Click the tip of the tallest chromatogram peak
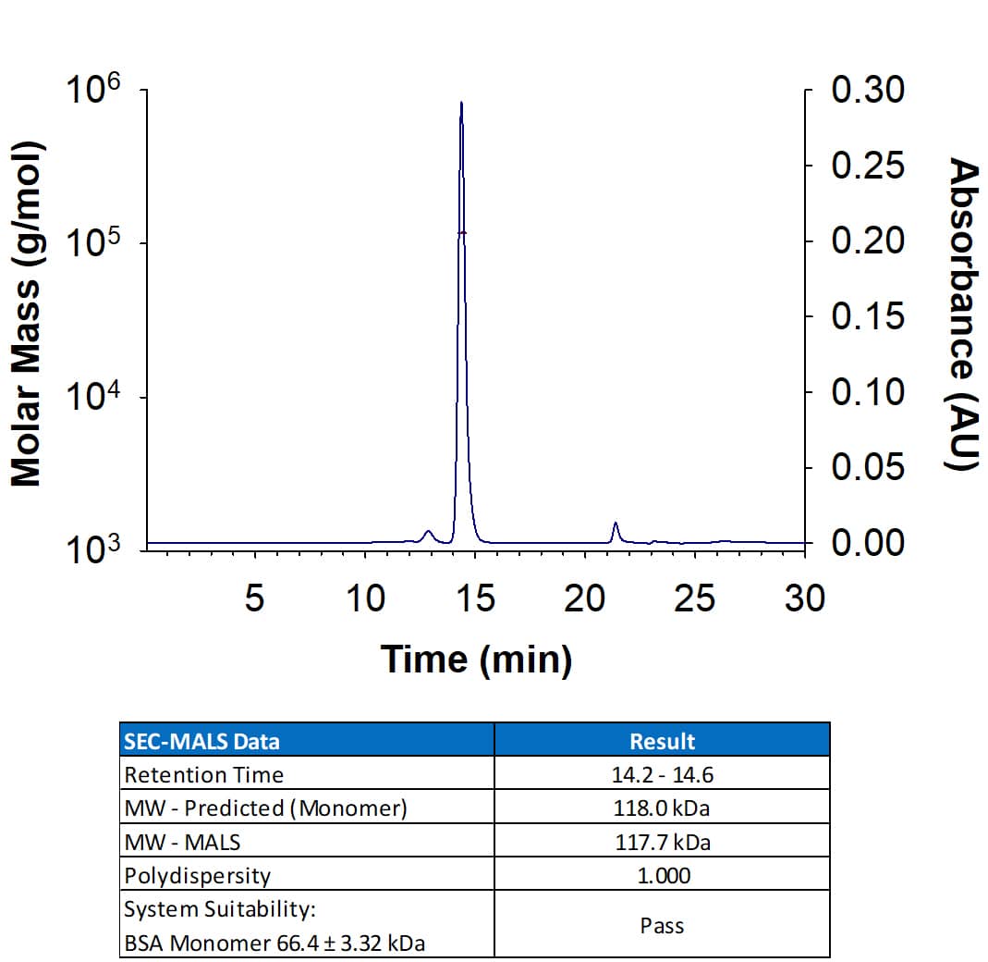coord(460,103)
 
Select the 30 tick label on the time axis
coord(804,598)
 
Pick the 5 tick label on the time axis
coord(254,598)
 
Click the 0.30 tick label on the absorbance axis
coord(868,91)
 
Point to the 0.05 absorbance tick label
coord(868,467)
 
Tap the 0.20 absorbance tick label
coord(868,241)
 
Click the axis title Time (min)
coord(476,660)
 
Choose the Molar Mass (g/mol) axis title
coord(27,314)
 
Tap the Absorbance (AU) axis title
coord(963,314)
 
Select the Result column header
coord(662,741)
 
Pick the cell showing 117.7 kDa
coord(662,841)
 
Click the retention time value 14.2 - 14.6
coord(662,774)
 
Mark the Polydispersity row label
coord(198,874)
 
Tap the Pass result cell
coord(662,924)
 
